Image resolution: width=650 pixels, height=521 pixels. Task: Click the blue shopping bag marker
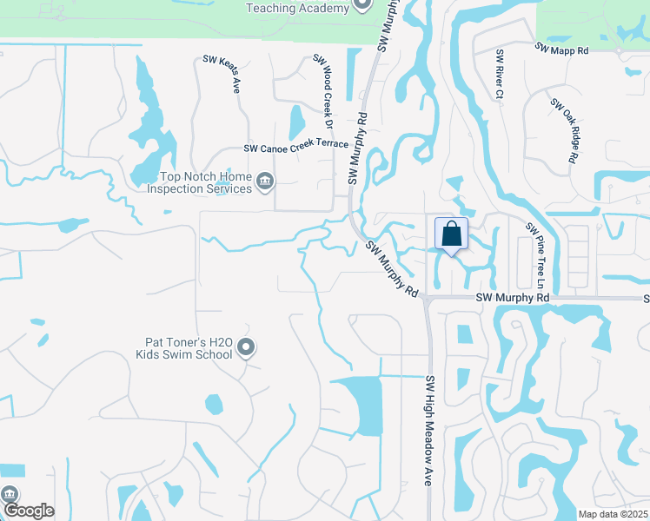click(452, 234)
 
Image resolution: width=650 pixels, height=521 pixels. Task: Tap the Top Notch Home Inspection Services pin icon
click(266, 181)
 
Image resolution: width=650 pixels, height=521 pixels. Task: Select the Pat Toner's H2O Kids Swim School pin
click(246, 347)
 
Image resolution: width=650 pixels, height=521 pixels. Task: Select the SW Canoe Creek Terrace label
click(295, 146)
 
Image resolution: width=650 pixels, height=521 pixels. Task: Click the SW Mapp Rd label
click(562, 50)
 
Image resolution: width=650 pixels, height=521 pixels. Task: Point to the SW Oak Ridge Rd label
click(563, 130)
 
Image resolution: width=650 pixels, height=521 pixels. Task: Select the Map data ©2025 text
click(612, 514)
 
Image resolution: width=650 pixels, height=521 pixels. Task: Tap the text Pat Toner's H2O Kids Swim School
click(184, 348)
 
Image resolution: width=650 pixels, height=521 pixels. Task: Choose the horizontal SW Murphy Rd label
click(514, 298)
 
